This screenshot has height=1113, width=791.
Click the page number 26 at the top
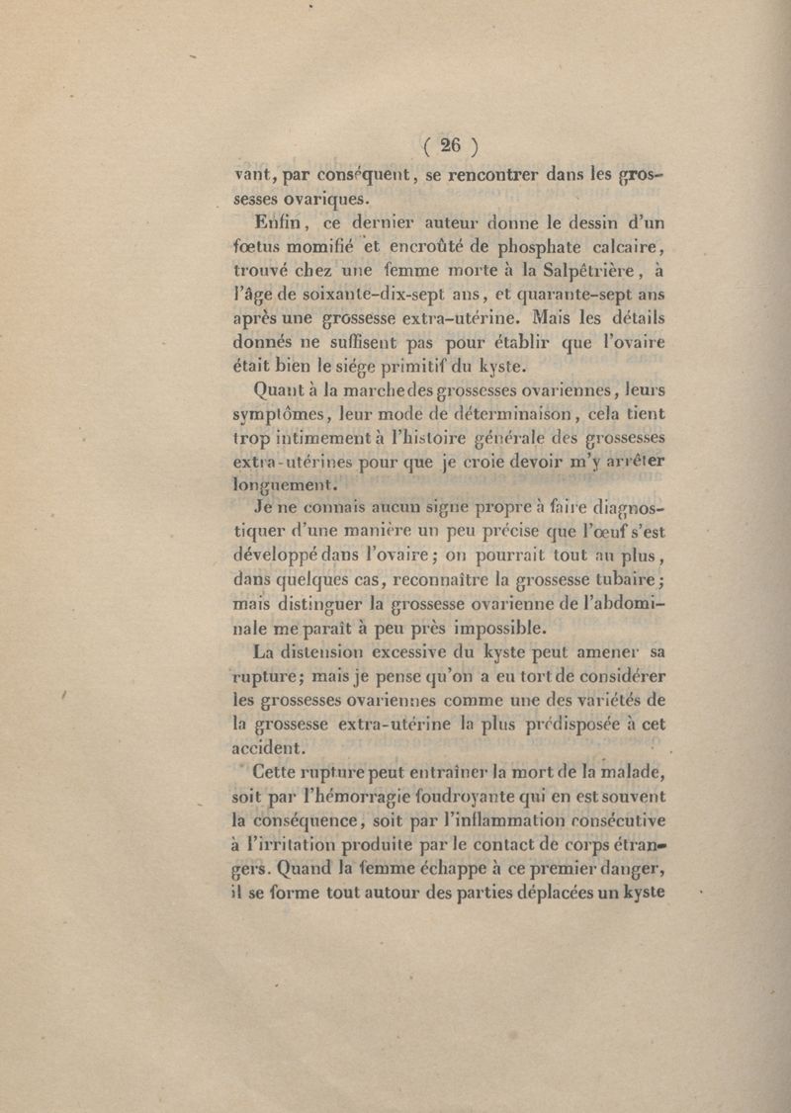(450, 144)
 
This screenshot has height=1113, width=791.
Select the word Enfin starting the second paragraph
(280, 221)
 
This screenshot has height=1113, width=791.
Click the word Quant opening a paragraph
(282, 388)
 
